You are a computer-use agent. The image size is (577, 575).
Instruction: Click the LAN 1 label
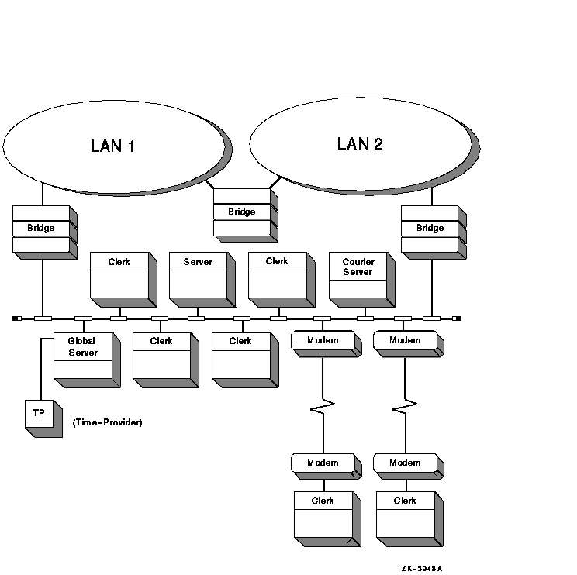tap(113, 146)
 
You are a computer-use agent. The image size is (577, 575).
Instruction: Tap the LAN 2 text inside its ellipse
tap(360, 143)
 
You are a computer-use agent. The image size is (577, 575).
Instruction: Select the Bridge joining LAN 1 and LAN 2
tap(242, 212)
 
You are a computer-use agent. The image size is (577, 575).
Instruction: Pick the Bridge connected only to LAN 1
tap(41, 229)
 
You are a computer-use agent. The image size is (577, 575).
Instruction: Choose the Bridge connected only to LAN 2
tap(430, 229)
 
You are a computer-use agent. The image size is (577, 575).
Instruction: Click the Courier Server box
tap(358, 274)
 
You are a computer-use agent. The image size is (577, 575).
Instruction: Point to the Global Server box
tap(83, 356)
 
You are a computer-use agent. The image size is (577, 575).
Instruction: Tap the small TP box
tap(39, 415)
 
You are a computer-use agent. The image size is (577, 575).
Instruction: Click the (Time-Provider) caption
tap(108, 422)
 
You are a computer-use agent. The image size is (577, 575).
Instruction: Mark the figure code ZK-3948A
tap(422, 568)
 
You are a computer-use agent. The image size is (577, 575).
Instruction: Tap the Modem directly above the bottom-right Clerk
tap(405, 463)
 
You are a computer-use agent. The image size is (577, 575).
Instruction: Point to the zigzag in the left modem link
tap(323, 405)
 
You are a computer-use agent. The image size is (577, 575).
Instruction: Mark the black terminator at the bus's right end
tap(458, 318)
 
